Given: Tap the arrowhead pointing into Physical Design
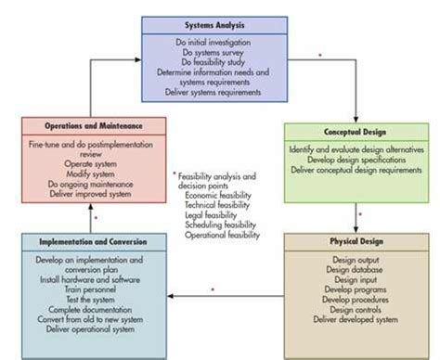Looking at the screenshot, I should pyautogui.click(x=358, y=229).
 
